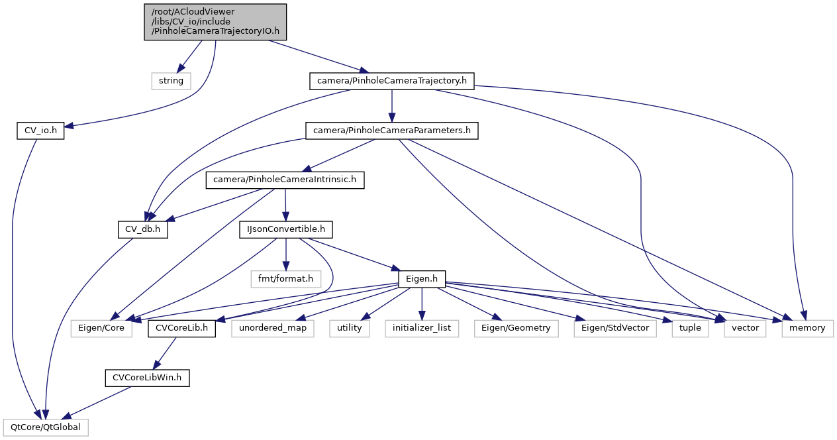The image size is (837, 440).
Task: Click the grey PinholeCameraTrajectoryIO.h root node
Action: [215, 22]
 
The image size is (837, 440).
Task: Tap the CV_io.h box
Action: [40, 131]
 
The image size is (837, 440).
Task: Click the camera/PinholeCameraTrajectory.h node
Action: [392, 81]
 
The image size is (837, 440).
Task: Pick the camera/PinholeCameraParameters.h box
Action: [391, 131]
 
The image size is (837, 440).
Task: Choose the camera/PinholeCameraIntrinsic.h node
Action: [285, 179]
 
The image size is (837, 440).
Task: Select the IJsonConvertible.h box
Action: [285, 229]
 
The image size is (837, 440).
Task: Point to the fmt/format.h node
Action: [286, 278]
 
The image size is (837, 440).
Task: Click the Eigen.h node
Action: [421, 278]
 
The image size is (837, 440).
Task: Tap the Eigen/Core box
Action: [101, 328]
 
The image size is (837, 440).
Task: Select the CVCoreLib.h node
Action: [181, 328]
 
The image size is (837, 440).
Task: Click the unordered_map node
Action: [272, 328]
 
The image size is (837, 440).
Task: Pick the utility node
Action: [349, 328]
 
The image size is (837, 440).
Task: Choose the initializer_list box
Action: [422, 328]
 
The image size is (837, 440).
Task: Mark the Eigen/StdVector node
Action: [615, 328]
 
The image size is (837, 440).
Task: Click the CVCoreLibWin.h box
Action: [147, 378]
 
